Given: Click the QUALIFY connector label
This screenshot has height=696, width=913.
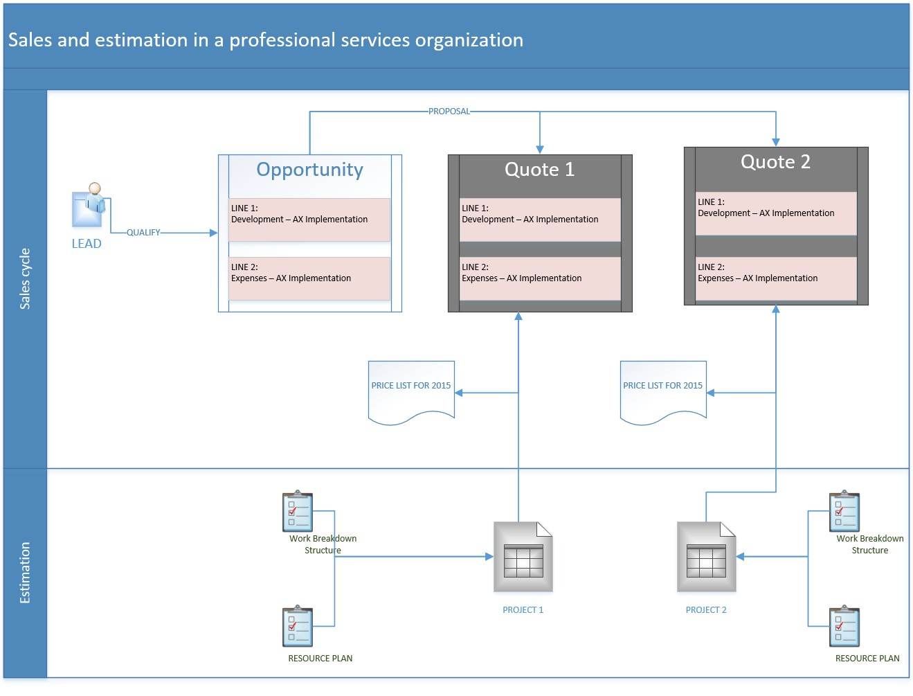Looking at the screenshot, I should (143, 233).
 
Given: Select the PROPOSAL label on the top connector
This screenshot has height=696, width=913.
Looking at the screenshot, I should (449, 111).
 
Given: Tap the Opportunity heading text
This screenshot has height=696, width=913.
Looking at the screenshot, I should (309, 170).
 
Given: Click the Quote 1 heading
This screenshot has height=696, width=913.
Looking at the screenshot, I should (539, 170).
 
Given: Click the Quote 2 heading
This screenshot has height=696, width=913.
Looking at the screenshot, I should (775, 162).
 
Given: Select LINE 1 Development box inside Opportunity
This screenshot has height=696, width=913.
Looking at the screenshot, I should (309, 220).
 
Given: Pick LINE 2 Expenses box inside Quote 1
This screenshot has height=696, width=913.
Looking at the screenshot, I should (540, 278).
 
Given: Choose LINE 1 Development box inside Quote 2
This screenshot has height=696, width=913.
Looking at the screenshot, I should (776, 213).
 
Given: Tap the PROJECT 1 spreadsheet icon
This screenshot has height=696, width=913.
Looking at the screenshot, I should (523, 557).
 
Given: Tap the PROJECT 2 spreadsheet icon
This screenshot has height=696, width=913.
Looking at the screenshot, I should (706, 557).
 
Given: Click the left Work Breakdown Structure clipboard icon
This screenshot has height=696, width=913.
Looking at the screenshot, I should (298, 512).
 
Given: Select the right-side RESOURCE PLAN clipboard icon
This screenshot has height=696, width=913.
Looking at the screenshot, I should (844, 627).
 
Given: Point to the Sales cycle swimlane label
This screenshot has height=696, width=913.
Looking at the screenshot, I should (25, 278).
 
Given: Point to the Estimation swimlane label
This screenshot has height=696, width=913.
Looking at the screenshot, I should (25, 573).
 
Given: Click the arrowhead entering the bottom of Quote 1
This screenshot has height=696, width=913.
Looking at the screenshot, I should (518, 316).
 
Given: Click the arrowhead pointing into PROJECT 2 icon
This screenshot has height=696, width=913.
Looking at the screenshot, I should (740, 556).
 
